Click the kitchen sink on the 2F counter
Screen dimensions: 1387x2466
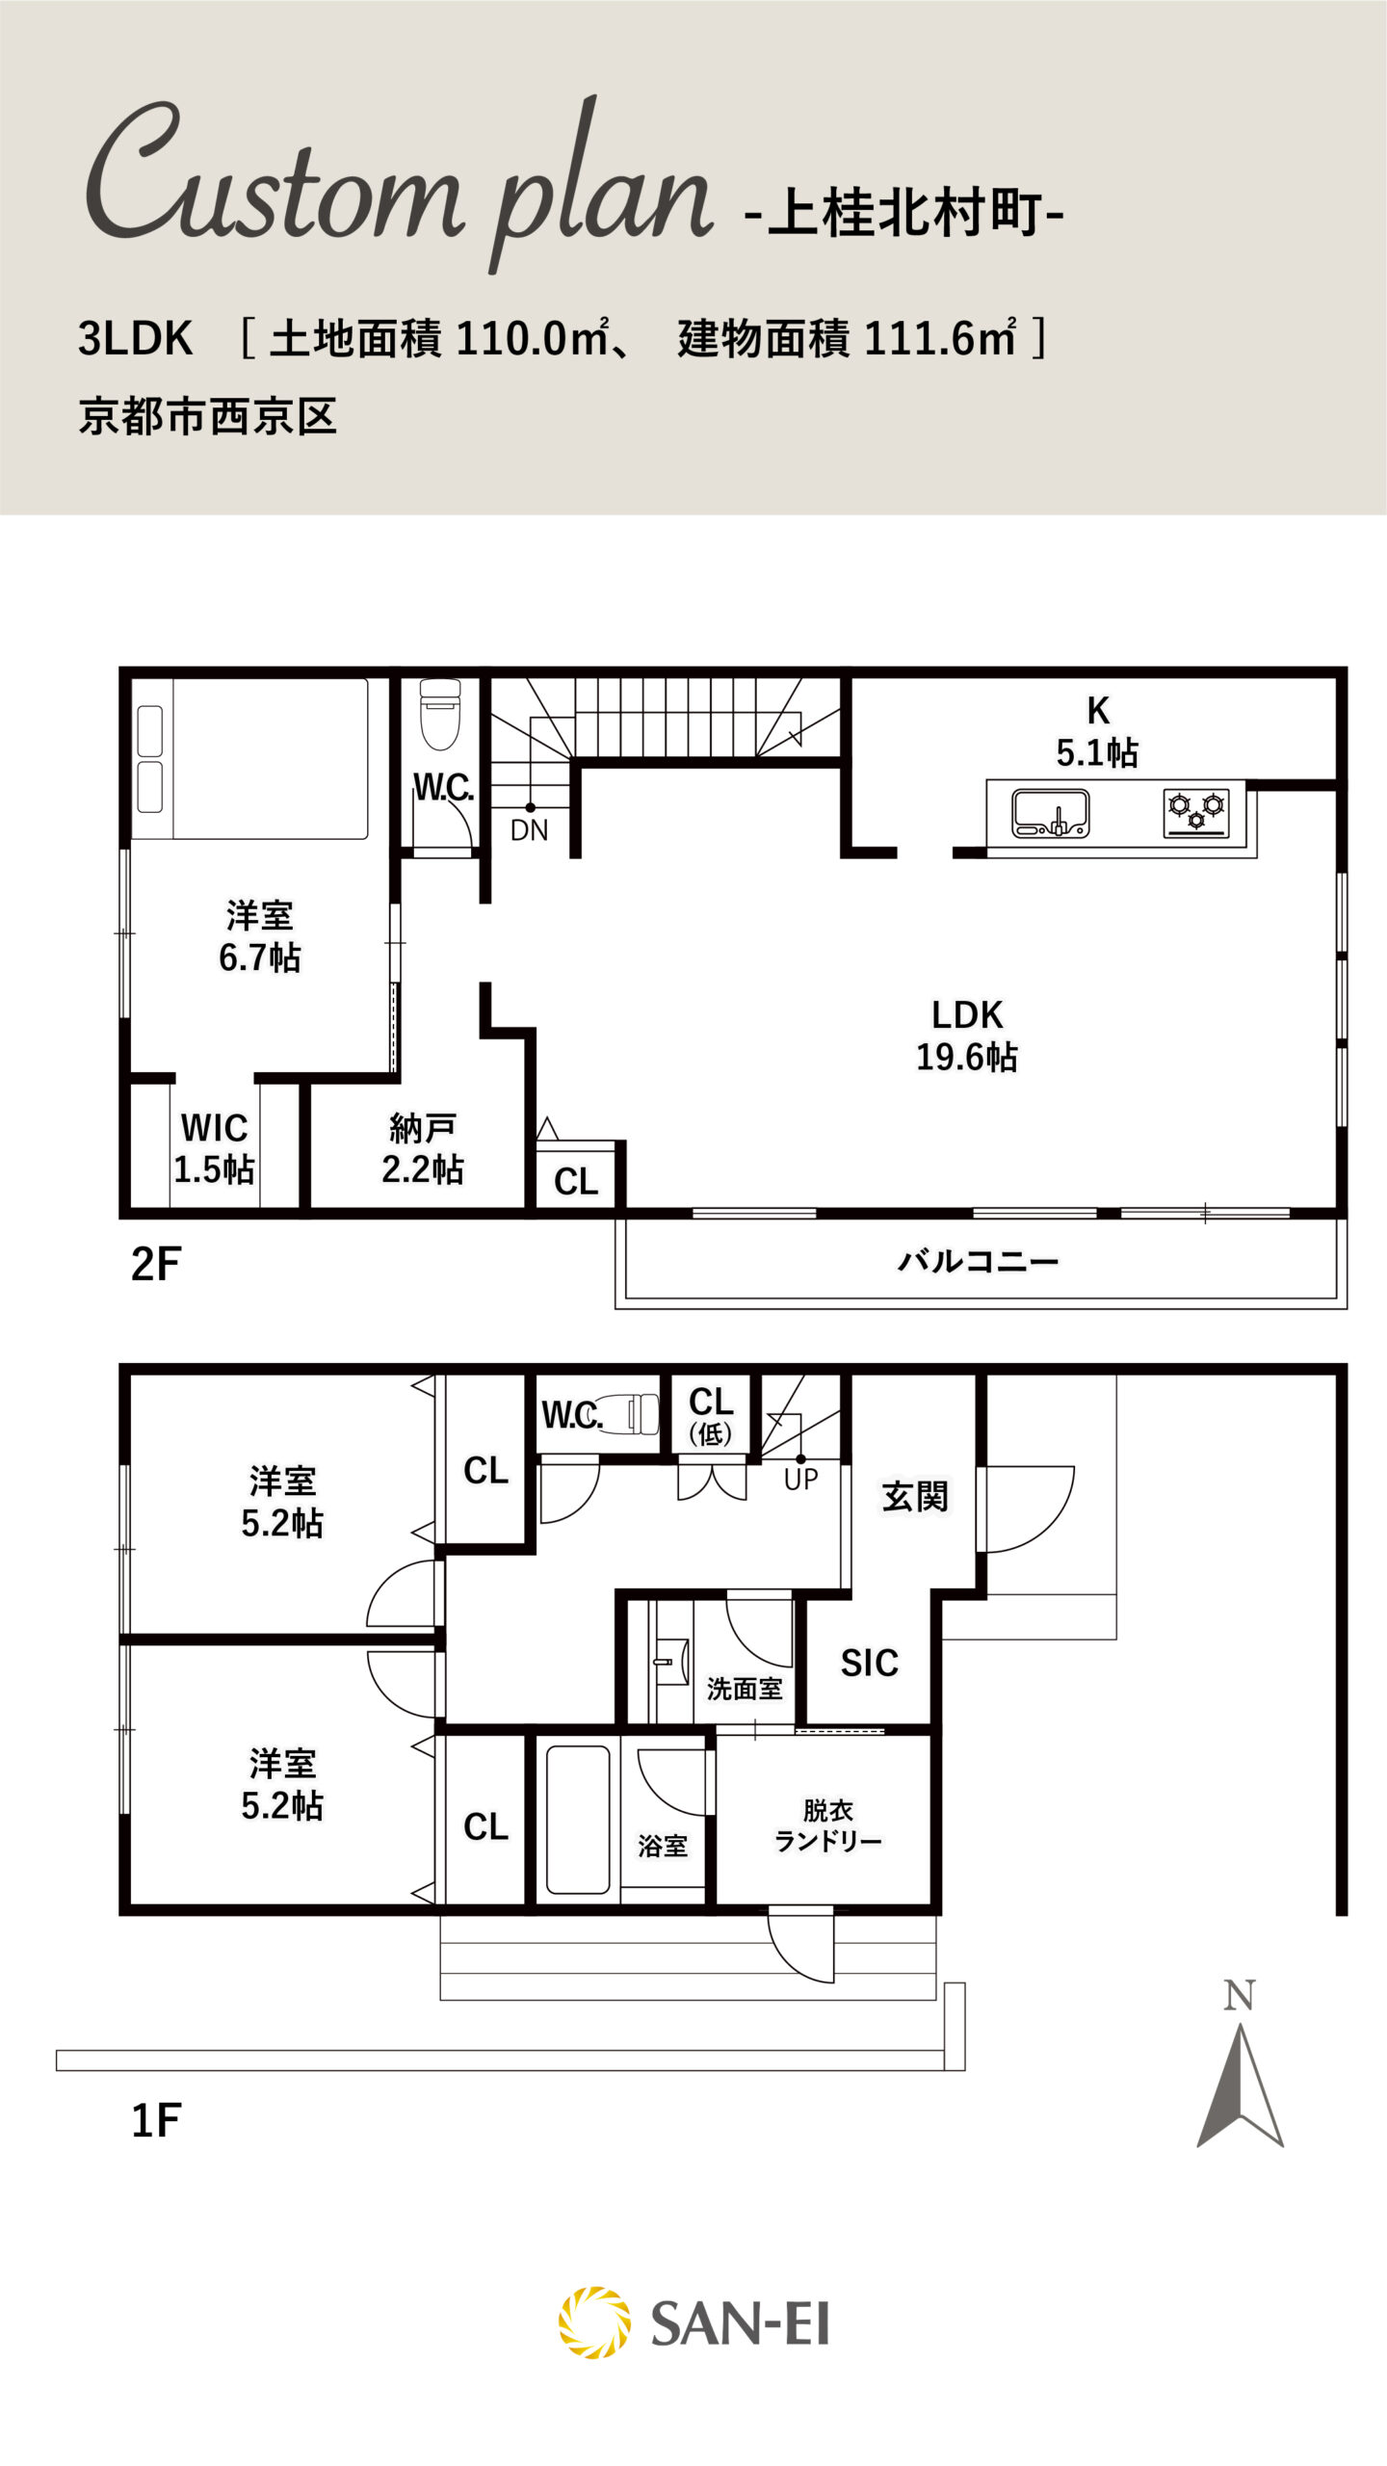coord(1050,813)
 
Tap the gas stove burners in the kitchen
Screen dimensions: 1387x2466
coord(1196,813)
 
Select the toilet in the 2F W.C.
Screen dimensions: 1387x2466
coord(441,714)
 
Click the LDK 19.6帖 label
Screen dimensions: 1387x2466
coord(966,1036)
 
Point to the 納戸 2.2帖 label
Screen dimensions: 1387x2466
coord(423,1148)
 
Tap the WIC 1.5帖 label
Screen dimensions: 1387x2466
coord(214,1148)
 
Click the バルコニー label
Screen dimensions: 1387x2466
coord(978,1261)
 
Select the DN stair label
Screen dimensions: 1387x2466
coord(529,830)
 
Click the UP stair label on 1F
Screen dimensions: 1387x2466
coord(800,1479)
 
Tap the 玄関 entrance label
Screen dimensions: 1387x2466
coord(915,1497)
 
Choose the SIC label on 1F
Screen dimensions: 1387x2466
coord(869,1663)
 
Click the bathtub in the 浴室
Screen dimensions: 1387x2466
coord(578,1820)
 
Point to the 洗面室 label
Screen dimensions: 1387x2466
coord(745,1688)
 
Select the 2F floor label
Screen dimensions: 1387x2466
coord(156,1265)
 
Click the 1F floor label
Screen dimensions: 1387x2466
coord(156,2120)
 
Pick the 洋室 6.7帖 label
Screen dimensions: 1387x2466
coord(260,936)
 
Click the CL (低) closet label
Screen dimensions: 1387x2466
coord(712,1415)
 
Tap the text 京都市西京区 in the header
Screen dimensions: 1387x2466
coord(208,417)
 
